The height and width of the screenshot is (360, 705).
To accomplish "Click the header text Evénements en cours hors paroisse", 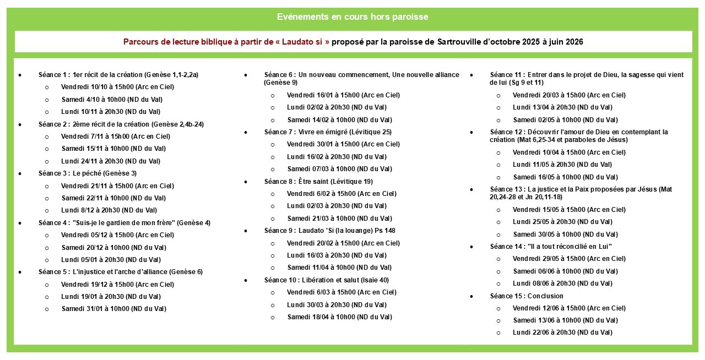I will click(352, 17).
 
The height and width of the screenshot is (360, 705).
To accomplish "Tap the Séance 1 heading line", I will click(118, 74).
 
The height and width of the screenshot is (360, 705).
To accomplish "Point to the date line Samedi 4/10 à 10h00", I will click(112, 100).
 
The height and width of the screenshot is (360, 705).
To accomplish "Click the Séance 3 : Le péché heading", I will click(88, 173).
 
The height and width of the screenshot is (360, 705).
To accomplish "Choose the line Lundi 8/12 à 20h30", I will click(109, 210).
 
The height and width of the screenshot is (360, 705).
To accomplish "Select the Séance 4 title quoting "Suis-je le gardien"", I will click(124, 223).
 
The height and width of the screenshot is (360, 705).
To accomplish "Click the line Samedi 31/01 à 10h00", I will click(114, 309).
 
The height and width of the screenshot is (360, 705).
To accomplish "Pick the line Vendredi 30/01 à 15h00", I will click(343, 144).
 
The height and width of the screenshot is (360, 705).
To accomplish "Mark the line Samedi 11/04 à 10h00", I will click(339, 268).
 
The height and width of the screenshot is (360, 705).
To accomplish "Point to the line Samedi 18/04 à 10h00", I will click(339, 317).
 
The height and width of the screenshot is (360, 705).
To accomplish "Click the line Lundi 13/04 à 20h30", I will click(562, 107).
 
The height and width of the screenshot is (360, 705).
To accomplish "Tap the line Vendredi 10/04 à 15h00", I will click(569, 152).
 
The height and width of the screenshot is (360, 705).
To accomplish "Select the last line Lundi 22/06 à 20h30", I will click(562, 332).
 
